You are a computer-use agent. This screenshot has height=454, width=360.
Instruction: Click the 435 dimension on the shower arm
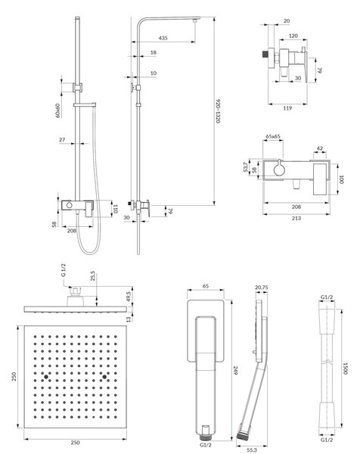[163, 38]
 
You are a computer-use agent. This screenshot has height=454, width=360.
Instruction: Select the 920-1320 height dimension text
[219, 111]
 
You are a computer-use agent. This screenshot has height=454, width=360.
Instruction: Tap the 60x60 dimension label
[57, 110]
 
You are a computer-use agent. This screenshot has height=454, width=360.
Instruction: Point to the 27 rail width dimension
[62, 140]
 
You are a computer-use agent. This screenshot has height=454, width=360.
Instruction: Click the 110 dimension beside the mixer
[115, 209]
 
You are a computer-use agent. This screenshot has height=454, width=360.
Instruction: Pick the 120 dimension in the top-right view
[293, 36]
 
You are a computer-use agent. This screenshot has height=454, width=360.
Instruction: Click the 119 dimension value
[287, 108]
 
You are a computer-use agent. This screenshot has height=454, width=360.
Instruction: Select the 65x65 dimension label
[273, 136]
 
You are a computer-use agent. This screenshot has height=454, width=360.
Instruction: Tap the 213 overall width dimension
[296, 218]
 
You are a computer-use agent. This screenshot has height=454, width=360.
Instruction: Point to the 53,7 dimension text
[246, 167]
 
